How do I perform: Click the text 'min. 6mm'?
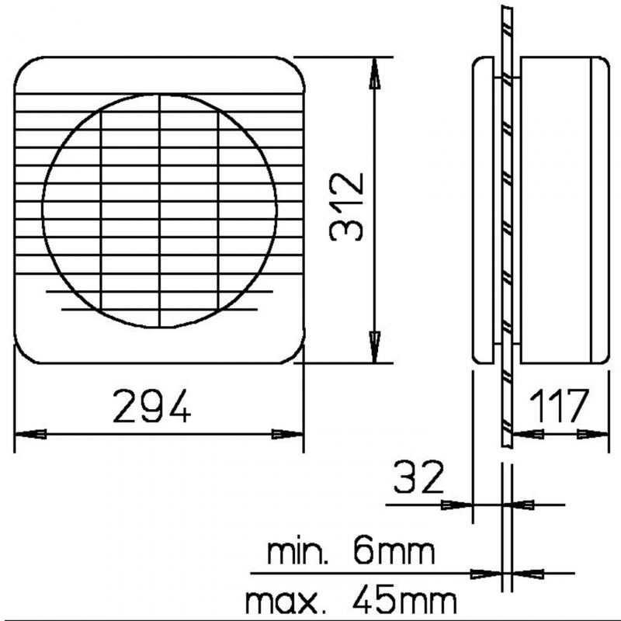coord(350,553)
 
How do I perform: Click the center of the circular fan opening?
coord(159,210)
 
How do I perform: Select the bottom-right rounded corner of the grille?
coord(290,353)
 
